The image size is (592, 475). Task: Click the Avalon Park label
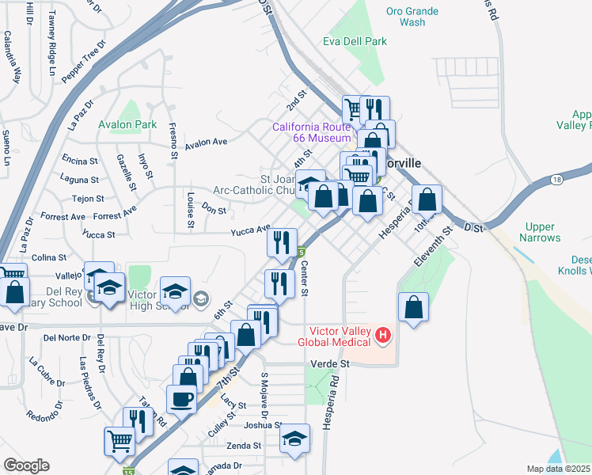(x=127, y=124)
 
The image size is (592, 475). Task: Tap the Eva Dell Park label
(x=355, y=41)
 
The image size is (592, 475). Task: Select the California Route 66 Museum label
(x=311, y=132)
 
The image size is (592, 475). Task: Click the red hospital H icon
(x=383, y=336)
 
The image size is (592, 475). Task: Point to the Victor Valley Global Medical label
(x=340, y=336)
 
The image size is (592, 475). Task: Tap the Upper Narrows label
(x=541, y=232)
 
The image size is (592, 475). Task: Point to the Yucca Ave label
(x=251, y=230)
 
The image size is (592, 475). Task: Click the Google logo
(x=26, y=465)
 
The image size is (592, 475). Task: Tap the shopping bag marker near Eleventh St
(x=414, y=308)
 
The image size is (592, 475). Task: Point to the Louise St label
(x=191, y=209)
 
